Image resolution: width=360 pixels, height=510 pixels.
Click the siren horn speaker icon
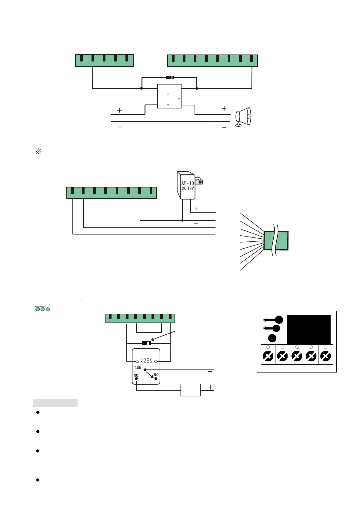pyautogui.click(x=243, y=117)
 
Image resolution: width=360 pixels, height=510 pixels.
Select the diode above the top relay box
pyautogui.click(x=170, y=78)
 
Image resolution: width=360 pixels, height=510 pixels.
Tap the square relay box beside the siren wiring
pyautogui.click(x=169, y=96)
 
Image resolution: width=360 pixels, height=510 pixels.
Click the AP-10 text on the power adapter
pyautogui.click(x=188, y=183)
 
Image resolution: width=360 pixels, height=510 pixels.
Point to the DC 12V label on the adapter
pyautogui.click(x=188, y=188)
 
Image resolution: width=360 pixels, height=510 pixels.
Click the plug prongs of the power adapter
pyautogui.click(x=199, y=181)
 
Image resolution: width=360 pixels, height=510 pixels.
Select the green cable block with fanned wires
pyautogui.click(x=275, y=240)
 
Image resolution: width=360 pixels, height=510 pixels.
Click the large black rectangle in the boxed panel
pyautogui.click(x=308, y=330)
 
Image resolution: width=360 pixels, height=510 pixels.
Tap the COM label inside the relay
pyautogui.click(x=138, y=368)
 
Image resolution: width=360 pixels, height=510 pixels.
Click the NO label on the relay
pyautogui.click(x=136, y=375)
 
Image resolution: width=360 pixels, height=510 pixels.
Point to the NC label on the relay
pyautogui.click(x=156, y=375)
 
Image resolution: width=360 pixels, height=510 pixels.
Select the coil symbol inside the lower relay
pyautogui.click(x=146, y=360)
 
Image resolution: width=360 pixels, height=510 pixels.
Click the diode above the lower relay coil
pyautogui.click(x=146, y=343)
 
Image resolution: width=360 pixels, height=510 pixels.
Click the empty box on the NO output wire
pyautogui.click(x=190, y=390)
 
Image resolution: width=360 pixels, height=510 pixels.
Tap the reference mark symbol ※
pyautogui.click(x=38, y=151)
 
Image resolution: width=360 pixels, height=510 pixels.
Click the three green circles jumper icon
pyautogui.click(x=42, y=309)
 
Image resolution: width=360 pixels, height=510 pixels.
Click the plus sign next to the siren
pyautogui.click(x=224, y=108)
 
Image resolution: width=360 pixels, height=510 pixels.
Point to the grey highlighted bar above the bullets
pyautogui.click(x=55, y=403)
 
